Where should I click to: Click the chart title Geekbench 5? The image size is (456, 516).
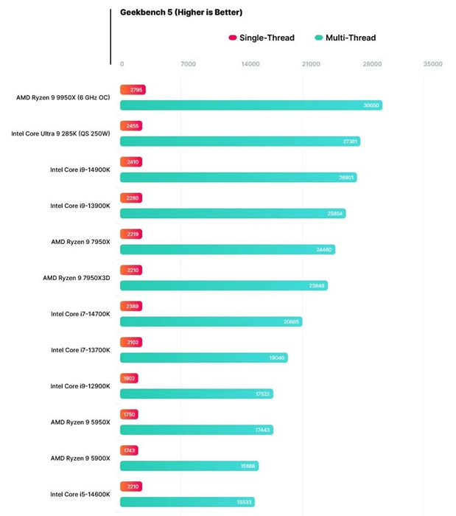pos(181,13)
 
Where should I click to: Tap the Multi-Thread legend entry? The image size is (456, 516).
pos(345,38)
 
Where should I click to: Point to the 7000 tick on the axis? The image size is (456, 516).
pos(188,64)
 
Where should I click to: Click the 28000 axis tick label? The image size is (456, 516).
pos(372,64)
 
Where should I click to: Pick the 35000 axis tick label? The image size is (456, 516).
pos(432,64)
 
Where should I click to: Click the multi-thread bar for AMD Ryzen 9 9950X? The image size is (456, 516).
pos(250,105)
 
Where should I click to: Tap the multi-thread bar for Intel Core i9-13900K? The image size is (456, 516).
pos(232,214)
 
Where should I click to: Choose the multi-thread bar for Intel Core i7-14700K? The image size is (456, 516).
pos(211,321)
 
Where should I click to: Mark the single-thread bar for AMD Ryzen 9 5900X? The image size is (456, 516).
pos(130,450)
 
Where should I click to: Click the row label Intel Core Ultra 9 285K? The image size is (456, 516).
pos(60,134)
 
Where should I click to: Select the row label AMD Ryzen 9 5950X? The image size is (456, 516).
pos(80,422)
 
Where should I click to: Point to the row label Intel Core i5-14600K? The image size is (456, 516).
pos(80,495)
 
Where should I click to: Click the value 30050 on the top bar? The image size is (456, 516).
pos(371,105)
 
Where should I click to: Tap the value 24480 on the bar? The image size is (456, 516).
pos(325,250)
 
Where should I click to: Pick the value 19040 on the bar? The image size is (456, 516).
pos(277,358)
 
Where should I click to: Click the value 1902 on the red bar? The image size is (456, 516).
pos(130,378)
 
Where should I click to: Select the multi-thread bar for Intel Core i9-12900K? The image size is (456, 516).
pos(196,394)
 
